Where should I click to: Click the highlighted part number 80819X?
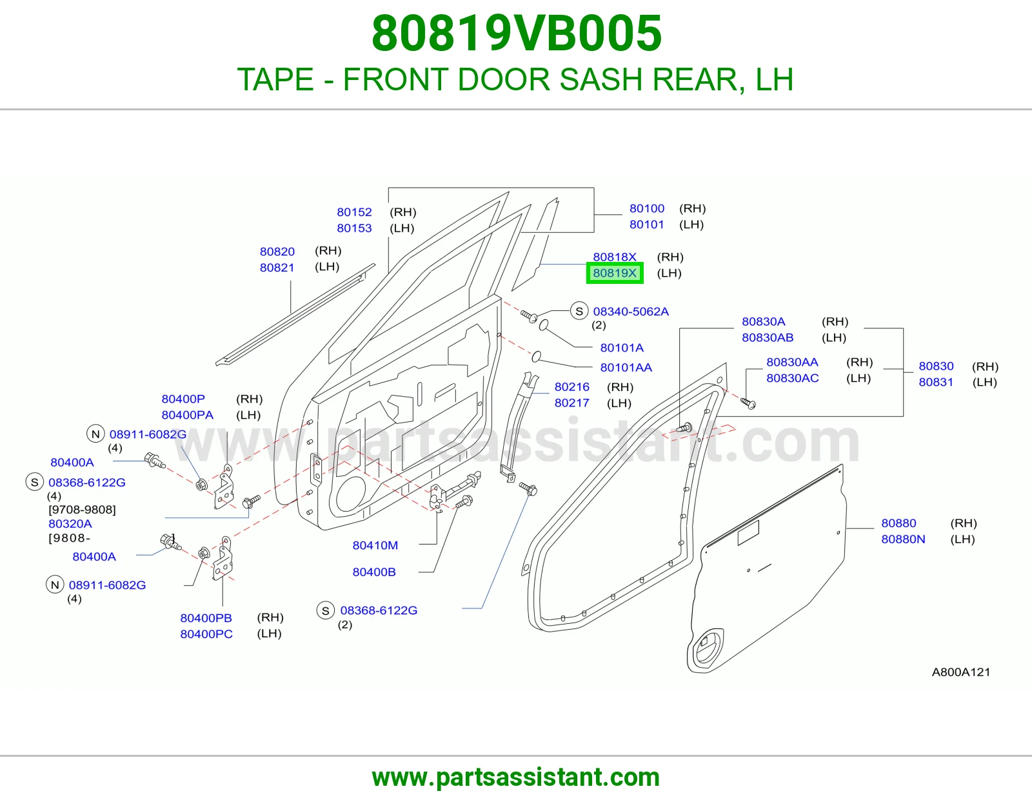coord(615,273)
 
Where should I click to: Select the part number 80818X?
coord(615,257)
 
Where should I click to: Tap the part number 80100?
coord(647,208)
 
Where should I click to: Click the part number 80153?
coord(354,228)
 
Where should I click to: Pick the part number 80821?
coord(277,268)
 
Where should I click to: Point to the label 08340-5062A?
coord(631,312)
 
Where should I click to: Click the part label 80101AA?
coord(626,368)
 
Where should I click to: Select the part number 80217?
coord(572,403)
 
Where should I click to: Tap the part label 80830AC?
coord(792,378)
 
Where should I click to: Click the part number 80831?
coord(936,382)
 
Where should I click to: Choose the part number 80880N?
coord(903,539)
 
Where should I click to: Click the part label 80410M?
coord(375,545)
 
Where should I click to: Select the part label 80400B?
coord(374,572)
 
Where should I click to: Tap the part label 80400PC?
coord(206,634)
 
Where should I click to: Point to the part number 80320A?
coord(70,523)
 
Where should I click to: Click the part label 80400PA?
coord(188,415)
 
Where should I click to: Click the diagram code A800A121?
coord(961,672)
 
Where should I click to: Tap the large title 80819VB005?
coord(517,34)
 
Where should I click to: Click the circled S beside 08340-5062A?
coord(579,312)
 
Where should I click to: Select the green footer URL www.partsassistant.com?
coord(516,777)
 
